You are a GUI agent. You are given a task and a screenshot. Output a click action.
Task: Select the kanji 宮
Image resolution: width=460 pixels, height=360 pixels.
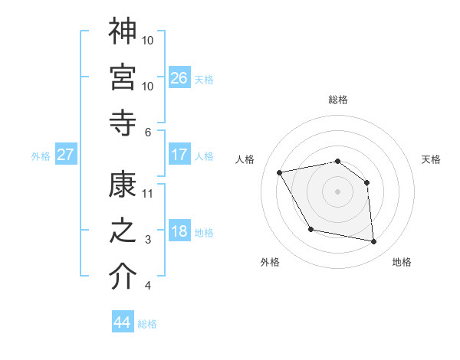[123, 77]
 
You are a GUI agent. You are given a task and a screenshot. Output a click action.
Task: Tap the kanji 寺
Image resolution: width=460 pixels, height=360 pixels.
[123, 123]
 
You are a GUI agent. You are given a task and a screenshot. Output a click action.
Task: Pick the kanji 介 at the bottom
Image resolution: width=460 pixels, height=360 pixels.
[123, 277]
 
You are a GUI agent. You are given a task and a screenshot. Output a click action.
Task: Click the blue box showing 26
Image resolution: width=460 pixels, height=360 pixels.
[179, 77]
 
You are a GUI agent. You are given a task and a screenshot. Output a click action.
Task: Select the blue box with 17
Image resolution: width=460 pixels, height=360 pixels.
[179, 155]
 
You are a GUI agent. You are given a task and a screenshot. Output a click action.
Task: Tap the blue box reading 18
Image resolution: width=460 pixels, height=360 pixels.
[179, 232]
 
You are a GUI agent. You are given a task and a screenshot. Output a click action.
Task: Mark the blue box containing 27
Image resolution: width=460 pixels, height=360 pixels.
[65, 155]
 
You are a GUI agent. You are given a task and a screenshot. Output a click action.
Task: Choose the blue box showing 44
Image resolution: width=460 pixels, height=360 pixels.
[122, 322]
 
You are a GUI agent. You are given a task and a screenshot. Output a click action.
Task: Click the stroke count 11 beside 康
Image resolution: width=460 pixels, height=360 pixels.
[148, 193]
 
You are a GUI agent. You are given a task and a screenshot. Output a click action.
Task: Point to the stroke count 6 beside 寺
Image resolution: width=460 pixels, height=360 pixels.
[148, 132]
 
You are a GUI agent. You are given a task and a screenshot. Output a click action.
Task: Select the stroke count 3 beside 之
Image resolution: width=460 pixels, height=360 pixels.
[148, 240]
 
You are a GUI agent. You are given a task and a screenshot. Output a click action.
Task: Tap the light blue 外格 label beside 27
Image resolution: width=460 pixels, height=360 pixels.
[41, 156]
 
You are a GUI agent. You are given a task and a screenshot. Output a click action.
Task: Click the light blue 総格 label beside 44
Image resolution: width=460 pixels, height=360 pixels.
[147, 324]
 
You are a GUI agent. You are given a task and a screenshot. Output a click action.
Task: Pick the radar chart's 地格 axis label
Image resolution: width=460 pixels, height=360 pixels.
[402, 262]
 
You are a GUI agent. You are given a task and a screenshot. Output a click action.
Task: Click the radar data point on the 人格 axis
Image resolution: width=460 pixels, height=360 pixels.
[280, 172]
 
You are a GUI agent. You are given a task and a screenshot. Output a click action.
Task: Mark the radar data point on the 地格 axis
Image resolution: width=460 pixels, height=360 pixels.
[374, 242]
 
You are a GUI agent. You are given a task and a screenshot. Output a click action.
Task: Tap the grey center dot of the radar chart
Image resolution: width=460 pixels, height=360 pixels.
[337, 191]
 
